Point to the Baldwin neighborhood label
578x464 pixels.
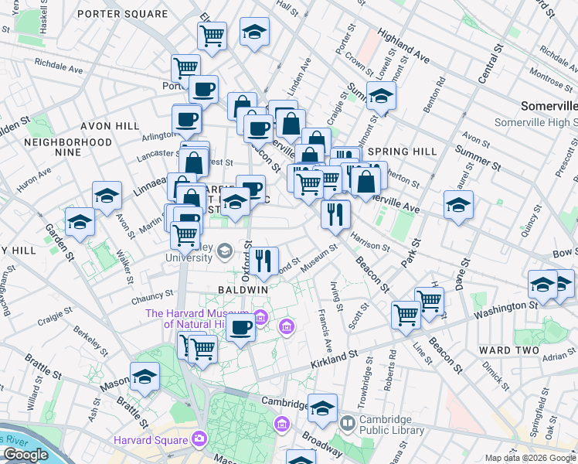click(243, 288)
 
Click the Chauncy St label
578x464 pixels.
click(151, 295)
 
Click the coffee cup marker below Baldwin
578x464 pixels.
click(240, 328)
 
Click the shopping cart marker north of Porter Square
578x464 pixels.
click(211, 33)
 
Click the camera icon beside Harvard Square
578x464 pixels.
click(201, 439)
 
